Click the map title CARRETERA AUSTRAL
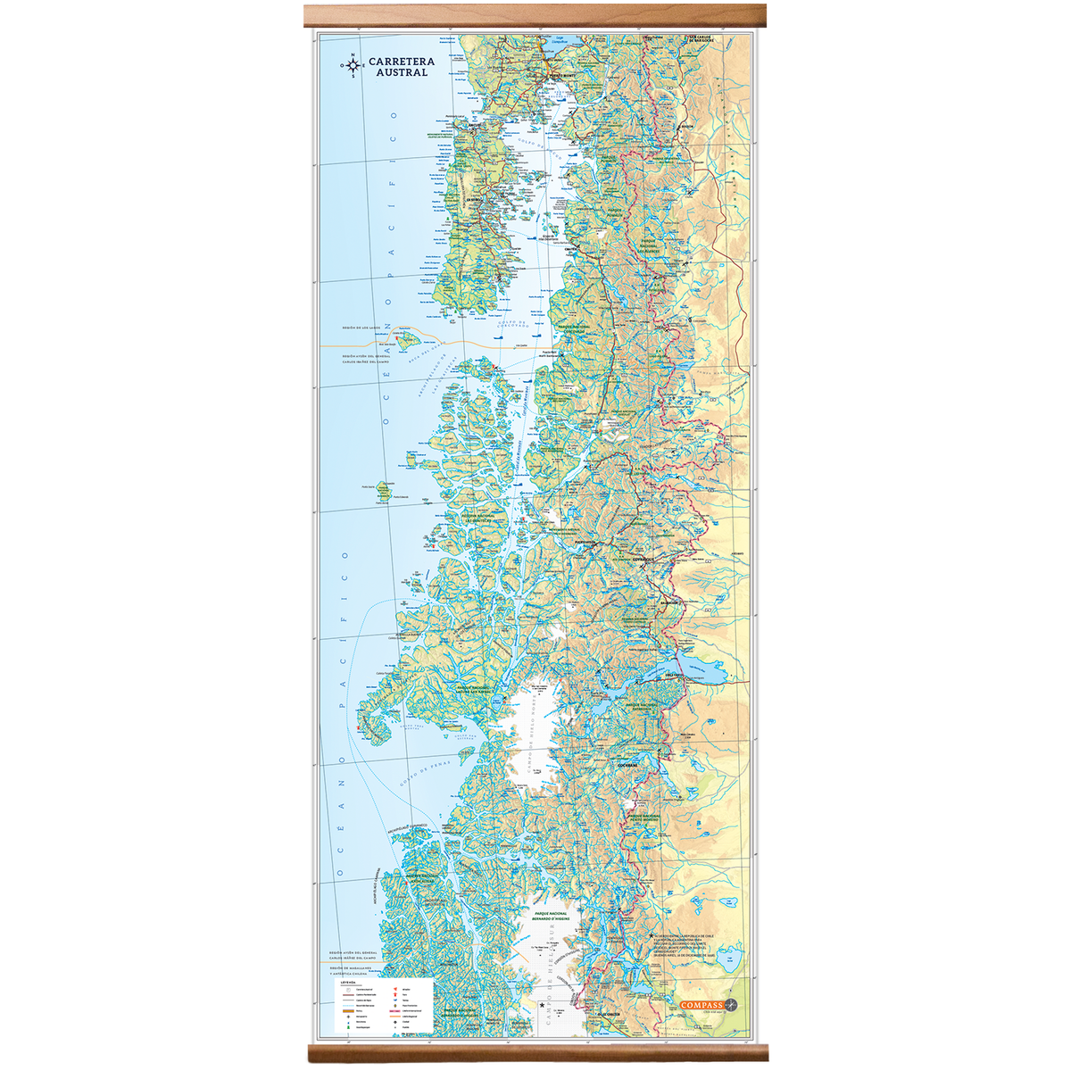[x=402, y=66]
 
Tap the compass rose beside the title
[x=353, y=65]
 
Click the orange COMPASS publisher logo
[x=702, y=1005]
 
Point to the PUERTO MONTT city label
[x=564, y=76]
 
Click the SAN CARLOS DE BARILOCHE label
[x=700, y=39]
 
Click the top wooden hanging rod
[x=535, y=15]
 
